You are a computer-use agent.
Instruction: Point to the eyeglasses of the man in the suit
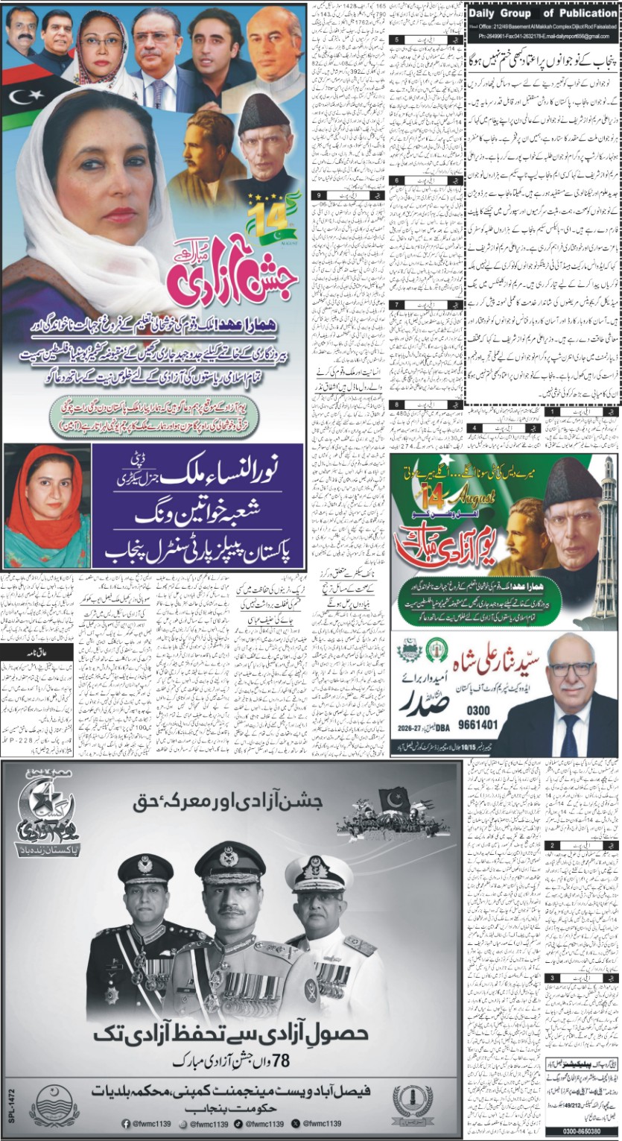point(572,669)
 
